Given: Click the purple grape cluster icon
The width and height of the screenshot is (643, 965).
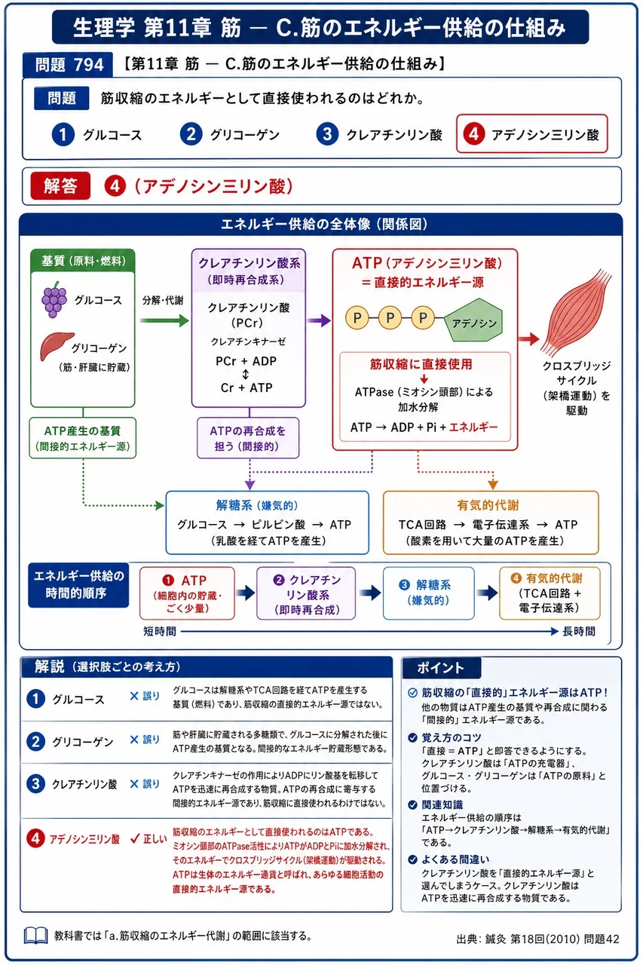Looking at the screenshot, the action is click(x=54, y=299).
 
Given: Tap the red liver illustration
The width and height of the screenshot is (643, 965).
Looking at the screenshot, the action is click(x=56, y=345).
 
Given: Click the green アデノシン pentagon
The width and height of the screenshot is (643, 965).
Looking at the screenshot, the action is click(x=473, y=320).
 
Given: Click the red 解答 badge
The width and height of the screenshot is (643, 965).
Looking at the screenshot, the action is click(x=60, y=185).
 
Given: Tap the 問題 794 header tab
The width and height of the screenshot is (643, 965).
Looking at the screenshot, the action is click(x=68, y=65).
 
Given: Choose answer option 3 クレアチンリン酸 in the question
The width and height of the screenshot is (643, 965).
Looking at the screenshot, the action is click(x=379, y=134).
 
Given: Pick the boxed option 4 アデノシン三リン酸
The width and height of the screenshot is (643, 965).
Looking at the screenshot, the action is click(x=532, y=133).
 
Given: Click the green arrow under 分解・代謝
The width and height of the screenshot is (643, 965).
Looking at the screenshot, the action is click(x=164, y=320).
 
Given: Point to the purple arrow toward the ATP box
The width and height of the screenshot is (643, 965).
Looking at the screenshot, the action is click(x=319, y=320).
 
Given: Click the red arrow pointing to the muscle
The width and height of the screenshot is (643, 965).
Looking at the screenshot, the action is click(x=528, y=339).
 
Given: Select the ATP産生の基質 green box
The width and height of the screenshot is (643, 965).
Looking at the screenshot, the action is click(x=83, y=438).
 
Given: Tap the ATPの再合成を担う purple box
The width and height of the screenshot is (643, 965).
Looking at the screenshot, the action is click(x=248, y=438).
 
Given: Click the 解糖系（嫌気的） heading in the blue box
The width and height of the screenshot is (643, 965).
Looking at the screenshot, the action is click(x=257, y=505).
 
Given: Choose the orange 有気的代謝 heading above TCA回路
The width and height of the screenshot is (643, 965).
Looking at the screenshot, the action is click(x=488, y=505).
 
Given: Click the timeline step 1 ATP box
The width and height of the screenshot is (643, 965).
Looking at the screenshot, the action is click(x=187, y=593).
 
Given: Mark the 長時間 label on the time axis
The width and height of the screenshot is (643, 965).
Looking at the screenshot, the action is click(x=579, y=631).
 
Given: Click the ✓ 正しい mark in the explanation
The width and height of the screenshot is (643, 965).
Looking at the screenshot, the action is click(x=149, y=838).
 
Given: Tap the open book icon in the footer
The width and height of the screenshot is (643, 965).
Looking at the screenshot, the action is click(x=35, y=936).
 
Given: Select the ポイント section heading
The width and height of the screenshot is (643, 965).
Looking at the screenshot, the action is click(x=440, y=668).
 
